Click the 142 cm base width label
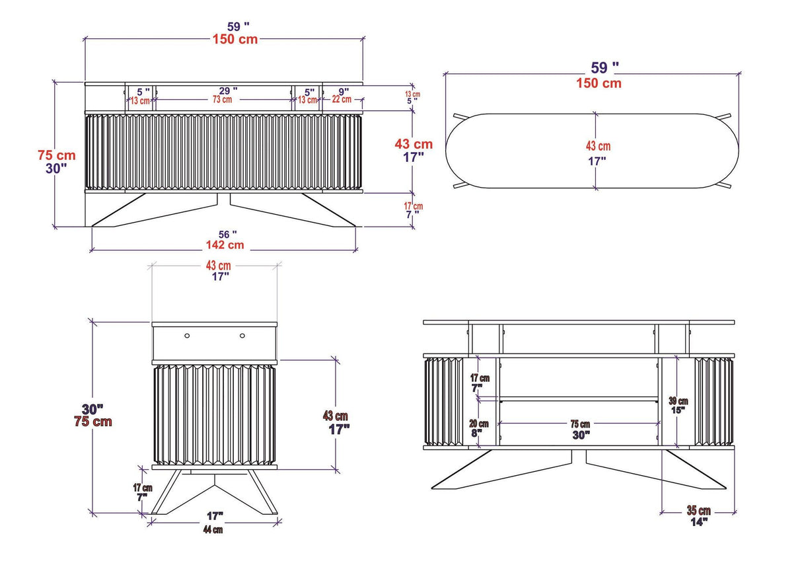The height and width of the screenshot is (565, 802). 227,245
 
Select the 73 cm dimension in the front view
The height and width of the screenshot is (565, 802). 222,100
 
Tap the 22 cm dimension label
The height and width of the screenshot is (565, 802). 342,100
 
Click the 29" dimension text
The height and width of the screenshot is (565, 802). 229,91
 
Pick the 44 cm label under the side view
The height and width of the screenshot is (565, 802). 213,530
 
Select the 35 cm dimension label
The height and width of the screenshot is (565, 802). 698,511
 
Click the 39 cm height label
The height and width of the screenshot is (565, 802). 678,400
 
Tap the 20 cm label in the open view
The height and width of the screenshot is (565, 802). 479,424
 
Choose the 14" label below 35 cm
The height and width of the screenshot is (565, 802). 699,521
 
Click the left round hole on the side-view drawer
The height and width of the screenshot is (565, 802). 187,336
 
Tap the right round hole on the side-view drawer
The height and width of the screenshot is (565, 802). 242,336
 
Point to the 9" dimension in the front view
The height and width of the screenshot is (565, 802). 344,91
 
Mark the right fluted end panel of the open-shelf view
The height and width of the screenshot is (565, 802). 713,402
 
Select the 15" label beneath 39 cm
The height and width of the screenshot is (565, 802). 678,410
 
